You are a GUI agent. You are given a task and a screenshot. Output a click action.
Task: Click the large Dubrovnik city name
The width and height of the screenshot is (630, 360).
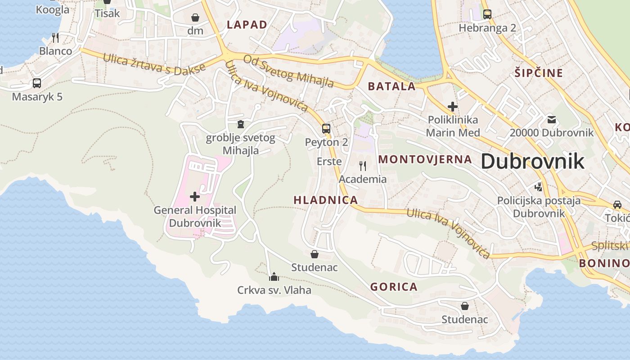(x=533, y=161)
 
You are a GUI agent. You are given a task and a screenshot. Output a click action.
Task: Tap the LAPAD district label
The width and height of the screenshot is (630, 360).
(x=247, y=25)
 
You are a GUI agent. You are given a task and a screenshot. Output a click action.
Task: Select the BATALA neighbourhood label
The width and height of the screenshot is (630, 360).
(x=391, y=86)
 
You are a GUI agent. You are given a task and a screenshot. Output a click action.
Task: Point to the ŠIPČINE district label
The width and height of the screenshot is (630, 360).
(x=539, y=73)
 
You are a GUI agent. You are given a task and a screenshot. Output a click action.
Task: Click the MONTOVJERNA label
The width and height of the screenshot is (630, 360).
(x=425, y=159)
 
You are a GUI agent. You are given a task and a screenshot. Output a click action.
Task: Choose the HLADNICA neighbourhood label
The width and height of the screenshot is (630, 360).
(x=326, y=200)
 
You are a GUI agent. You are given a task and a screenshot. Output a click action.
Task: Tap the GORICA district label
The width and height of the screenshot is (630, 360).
(x=394, y=287)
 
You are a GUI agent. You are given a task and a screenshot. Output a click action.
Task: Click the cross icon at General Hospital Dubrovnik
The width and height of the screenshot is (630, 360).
(x=195, y=196)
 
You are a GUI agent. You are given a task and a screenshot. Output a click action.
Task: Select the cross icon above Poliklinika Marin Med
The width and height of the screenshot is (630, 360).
(x=453, y=107)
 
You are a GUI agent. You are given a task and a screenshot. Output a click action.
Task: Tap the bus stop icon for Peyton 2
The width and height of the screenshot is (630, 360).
(x=326, y=129)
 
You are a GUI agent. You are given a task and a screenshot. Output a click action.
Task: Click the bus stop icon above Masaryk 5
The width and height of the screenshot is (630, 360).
(x=37, y=83)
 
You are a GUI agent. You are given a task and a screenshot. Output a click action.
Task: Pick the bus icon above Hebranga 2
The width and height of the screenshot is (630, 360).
(x=487, y=14)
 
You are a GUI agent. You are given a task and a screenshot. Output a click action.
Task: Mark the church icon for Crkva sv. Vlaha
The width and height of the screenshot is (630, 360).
(x=274, y=276)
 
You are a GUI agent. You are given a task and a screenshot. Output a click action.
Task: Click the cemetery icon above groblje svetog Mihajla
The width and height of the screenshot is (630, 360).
(x=241, y=124)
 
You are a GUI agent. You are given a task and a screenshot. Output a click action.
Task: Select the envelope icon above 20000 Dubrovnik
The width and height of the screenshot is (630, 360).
(x=552, y=119)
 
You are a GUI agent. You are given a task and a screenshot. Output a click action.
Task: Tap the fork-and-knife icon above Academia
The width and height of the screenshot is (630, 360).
(x=363, y=166)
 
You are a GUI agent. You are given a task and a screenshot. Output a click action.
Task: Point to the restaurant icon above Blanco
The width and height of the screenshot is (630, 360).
(x=55, y=37)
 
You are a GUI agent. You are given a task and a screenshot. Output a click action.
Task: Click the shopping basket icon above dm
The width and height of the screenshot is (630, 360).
(x=195, y=18)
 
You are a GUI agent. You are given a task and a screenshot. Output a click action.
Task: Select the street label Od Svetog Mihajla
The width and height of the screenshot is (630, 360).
(x=288, y=70)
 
